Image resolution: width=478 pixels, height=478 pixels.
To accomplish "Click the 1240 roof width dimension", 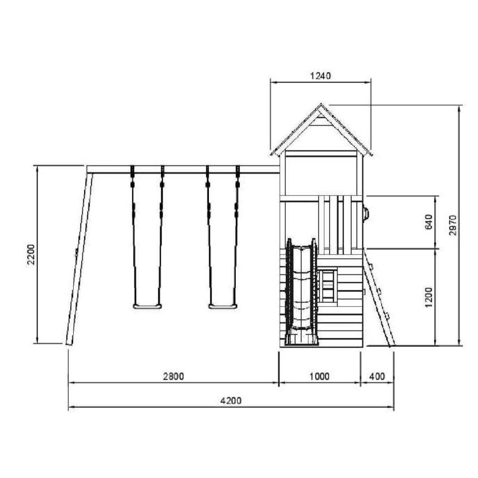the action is click(x=321, y=75).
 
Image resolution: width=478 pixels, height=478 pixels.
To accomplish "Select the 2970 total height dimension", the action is click(x=453, y=225).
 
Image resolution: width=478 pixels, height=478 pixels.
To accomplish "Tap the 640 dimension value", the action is click(x=429, y=222).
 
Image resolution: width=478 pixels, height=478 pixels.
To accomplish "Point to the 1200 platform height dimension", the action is click(x=429, y=297).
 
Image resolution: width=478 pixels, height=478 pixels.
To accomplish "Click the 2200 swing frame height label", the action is click(x=31, y=254).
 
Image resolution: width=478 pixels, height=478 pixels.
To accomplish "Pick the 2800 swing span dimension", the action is click(x=174, y=377).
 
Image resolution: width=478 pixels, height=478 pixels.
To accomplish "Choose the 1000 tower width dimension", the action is click(x=320, y=377).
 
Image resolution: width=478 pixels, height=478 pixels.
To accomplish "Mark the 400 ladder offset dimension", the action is click(x=377, y=377).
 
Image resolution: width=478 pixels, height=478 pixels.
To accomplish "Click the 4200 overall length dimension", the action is click(x=231, y=400).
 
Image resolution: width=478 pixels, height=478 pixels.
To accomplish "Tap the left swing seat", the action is click(x=147, y=306).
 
